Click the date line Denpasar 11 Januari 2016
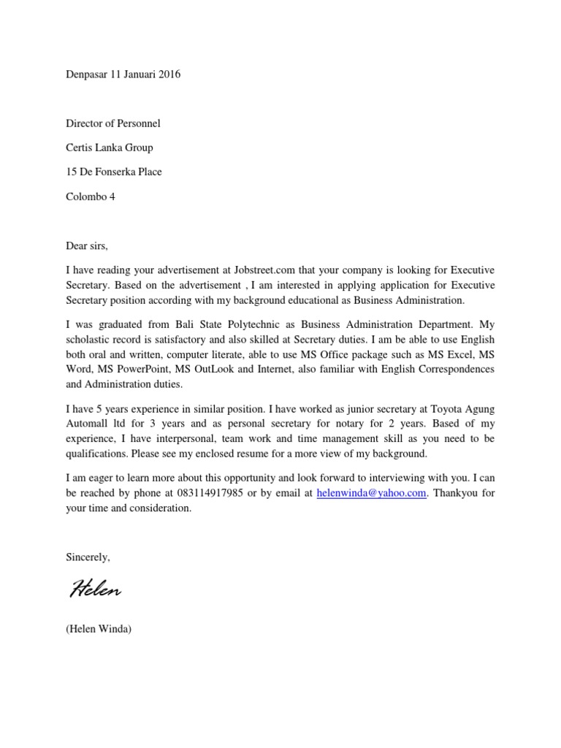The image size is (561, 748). pos(123,75)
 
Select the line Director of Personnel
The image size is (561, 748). pos(113,123)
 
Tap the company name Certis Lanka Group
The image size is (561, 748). pos(110,148)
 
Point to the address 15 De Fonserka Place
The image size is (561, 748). pos(114,172)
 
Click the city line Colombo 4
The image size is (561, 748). pos(91,196)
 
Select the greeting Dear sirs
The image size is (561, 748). pos(87,245)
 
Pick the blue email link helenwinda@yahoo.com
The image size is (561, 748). pos(371,493)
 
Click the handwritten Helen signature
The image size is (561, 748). pos(95,589)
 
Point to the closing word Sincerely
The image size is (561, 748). pos(88,557)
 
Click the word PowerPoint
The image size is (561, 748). pos(129,369)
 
